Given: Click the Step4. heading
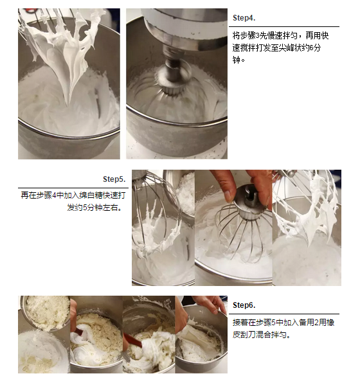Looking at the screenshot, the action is click(x=244, y=18).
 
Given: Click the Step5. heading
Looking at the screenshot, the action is click(x=114, y=179).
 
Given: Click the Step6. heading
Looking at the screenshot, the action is click(x=244, y=305).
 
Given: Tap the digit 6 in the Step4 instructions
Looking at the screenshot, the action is click(x=312, y=48).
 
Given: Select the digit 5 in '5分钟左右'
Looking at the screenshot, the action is click(x=85, y=208).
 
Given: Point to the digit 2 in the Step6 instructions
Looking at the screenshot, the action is click(x=316, y=323).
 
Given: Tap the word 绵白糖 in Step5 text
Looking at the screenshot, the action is click(x=91, y=195).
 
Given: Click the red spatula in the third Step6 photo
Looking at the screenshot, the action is click(x=133, y=339).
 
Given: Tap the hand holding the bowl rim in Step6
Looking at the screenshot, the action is click(x=212, y=303).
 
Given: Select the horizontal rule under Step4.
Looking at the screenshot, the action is click(x=284, y=26).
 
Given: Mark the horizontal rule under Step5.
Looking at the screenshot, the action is click(x=73, y=188).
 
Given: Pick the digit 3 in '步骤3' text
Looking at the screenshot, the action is click(x=258, y=36).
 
